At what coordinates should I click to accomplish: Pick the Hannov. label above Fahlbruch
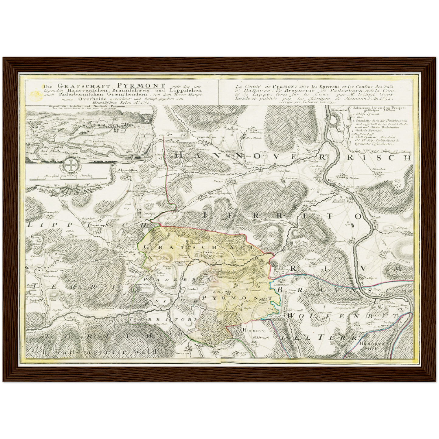point(250,330)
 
